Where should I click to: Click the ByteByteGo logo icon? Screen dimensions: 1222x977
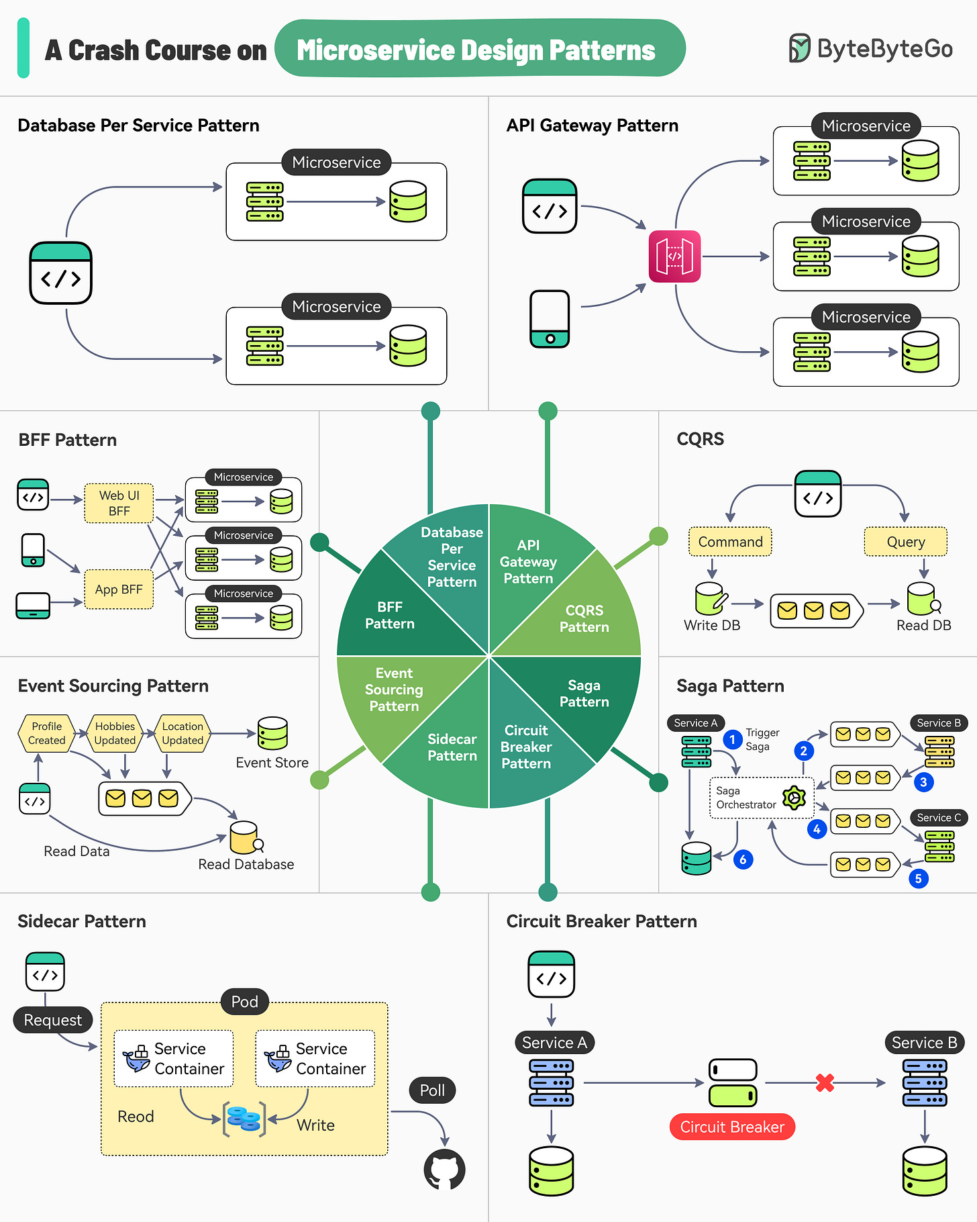click(799, 48)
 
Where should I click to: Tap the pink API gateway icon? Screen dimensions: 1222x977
click(674, 256)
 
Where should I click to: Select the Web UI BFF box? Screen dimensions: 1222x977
click(119, 503)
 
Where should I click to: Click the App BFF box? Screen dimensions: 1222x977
click(119, 590)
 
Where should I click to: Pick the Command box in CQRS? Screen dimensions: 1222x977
click(730, 542)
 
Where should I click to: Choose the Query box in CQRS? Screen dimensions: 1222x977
click(905, 542)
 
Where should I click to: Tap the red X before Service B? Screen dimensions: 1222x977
click(825, 1082)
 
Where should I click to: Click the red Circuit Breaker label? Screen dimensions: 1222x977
click(732, 1127)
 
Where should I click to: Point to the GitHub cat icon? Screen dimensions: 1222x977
click(444, 1169)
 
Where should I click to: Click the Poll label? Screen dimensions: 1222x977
click(432, 1090)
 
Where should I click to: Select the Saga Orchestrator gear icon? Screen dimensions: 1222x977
click(794, 798)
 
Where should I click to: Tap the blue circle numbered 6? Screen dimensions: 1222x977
click(743, 859)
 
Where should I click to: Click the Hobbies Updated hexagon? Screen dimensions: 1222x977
click(115, 733)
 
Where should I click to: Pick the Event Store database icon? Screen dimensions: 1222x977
click(272, 733)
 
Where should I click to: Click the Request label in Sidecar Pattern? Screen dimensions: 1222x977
click(52, 1020)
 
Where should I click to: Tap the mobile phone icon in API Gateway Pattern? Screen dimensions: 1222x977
click(550, 319)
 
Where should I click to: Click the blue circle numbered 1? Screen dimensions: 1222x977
click(732, 739)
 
